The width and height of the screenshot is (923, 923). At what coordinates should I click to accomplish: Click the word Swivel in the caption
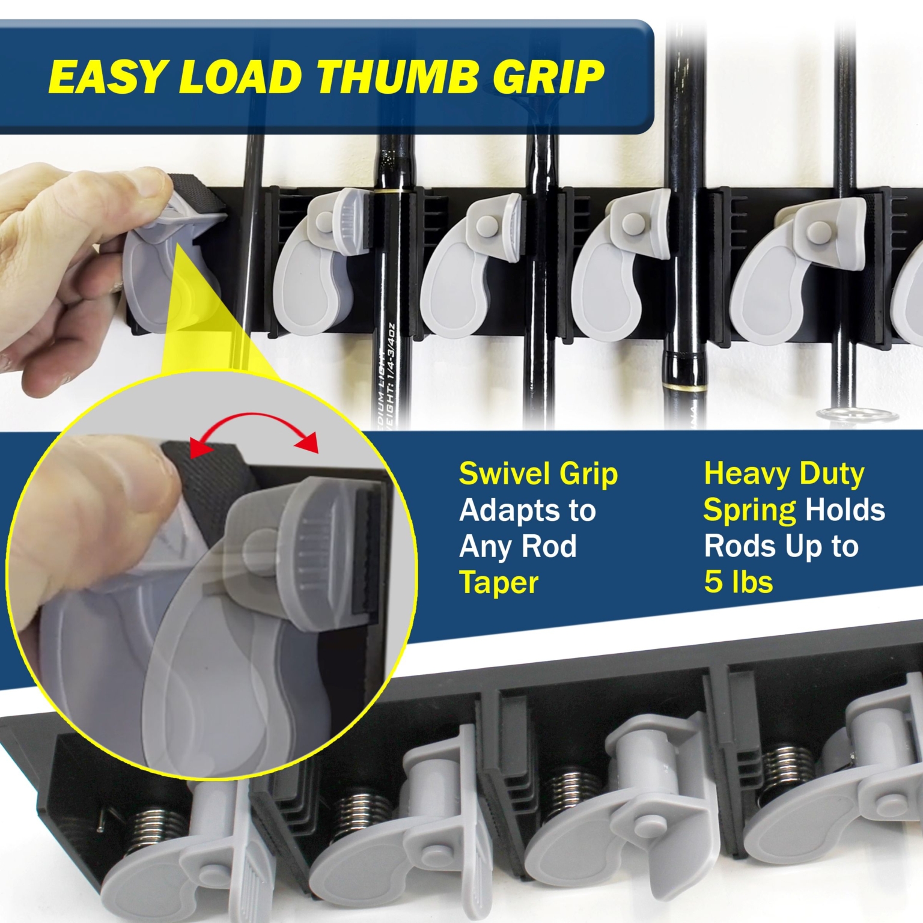[500, 475]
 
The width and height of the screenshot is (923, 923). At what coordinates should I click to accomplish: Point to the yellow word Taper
[499, 583]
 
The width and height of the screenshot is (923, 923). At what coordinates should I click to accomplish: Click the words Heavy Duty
[784, 475]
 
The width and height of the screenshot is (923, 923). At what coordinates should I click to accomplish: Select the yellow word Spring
[749, 511]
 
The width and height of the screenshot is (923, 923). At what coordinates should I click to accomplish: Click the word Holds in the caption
[844, 511]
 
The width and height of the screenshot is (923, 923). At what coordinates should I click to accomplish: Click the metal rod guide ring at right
[857, 415]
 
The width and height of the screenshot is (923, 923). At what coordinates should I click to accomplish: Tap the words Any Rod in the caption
[517, 547]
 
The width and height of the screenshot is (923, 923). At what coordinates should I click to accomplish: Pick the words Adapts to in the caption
[527, 511]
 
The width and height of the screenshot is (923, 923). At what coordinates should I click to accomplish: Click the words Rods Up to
[781, 547]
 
